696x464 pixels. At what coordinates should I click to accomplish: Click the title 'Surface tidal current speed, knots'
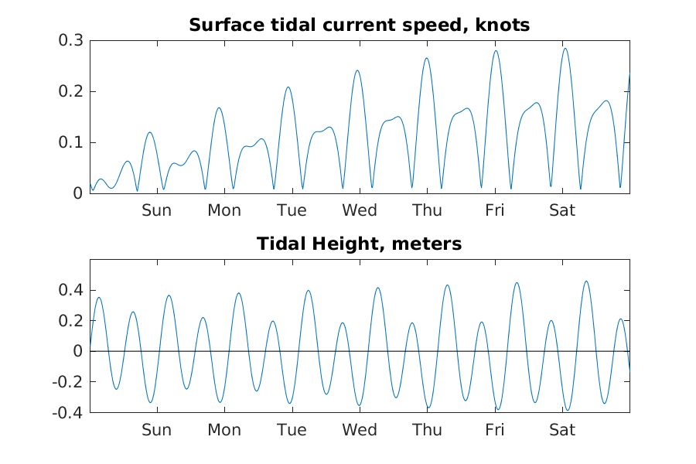click(x=360, y=26)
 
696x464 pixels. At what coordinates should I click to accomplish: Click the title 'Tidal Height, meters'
click(x=360, y=244)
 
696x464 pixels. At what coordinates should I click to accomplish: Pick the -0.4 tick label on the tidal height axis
click(x=68, y=412)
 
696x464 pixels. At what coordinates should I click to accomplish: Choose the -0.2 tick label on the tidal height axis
click(x=68, y=382)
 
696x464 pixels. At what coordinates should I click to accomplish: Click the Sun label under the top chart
click(x=156, y=210)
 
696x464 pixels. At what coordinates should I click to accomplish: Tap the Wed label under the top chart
click(x=360, y=210)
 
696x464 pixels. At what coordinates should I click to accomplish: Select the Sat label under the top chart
click(x=562, y=210)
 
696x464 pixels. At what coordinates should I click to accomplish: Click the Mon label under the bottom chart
click(x=224, y=430)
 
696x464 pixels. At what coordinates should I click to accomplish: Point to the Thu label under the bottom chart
click(x=427, y=430)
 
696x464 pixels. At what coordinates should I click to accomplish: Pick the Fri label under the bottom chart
click(x=495, y=430)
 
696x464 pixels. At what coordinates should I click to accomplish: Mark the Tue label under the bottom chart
click(x=292, y=430)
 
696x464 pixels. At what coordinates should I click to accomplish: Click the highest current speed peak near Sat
click(x=565, y=49)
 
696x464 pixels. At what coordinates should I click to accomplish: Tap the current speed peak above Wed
click(x=357, y=70)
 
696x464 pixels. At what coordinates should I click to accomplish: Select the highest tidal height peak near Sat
click(x=586, y=281)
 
